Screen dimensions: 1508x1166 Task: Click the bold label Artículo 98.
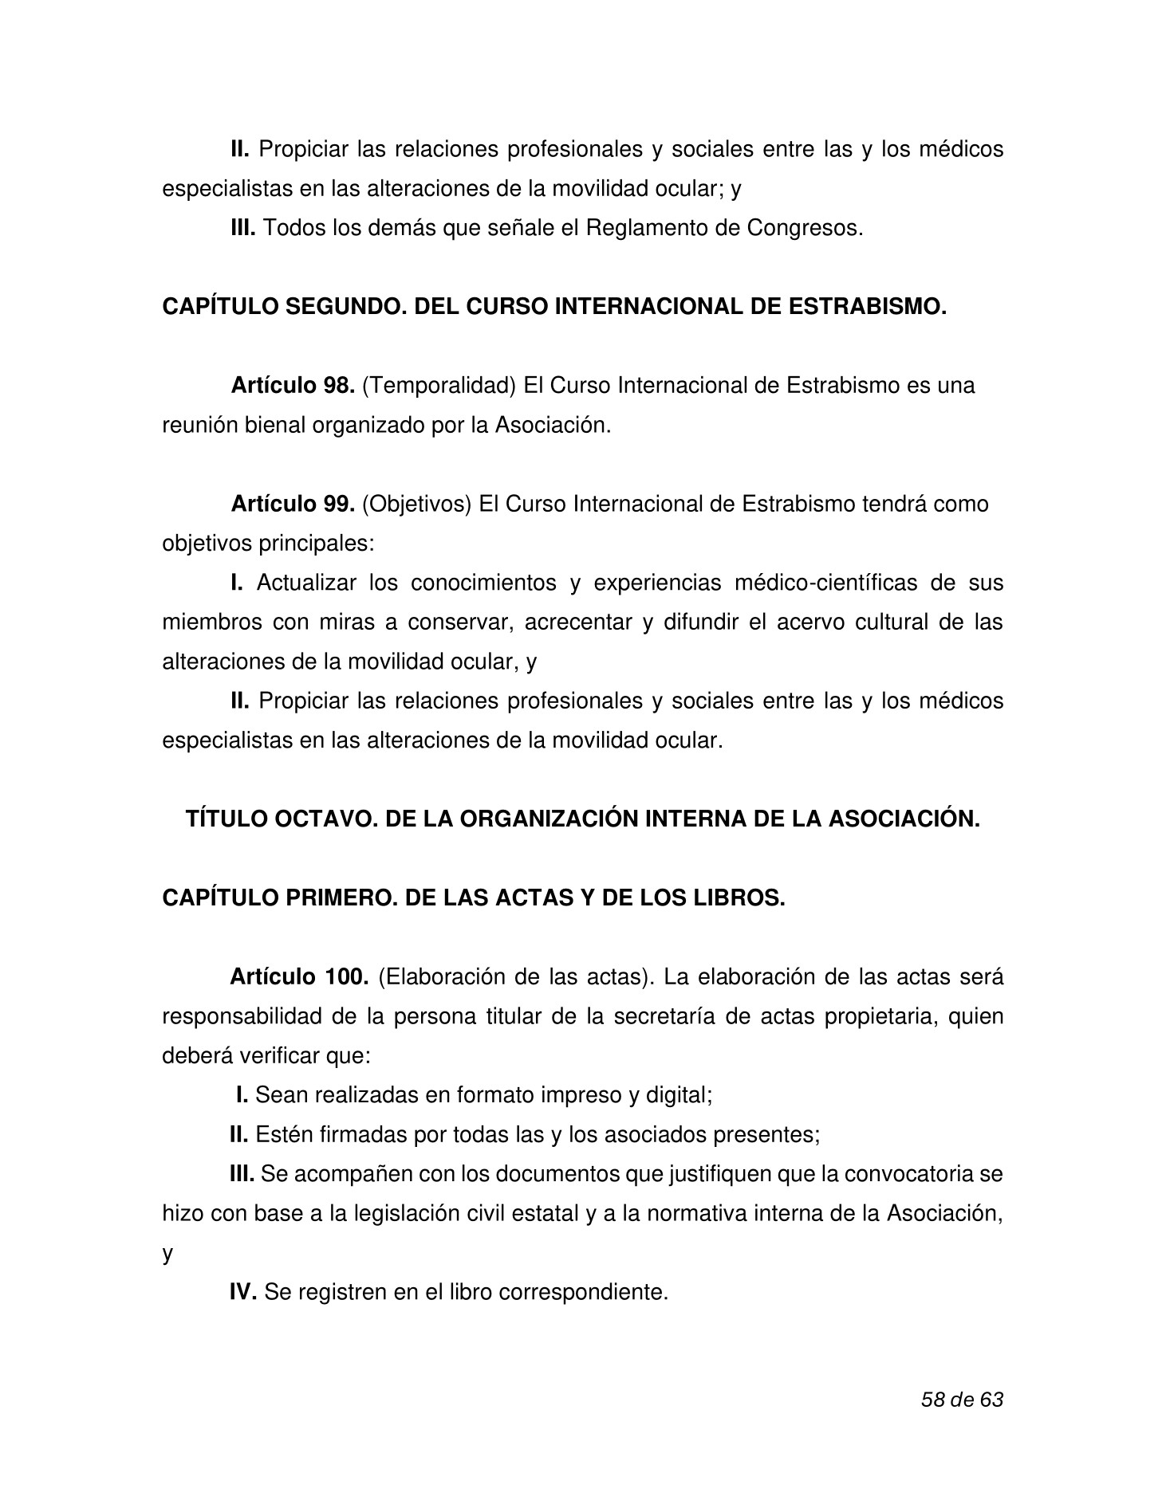coord(292,386)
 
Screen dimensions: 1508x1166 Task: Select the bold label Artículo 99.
coord(292,505)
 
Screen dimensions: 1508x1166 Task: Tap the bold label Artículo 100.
coord(298,977)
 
